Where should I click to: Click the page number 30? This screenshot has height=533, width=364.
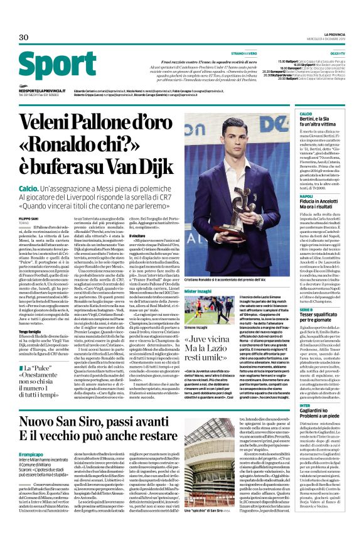click(x=23, y=37)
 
